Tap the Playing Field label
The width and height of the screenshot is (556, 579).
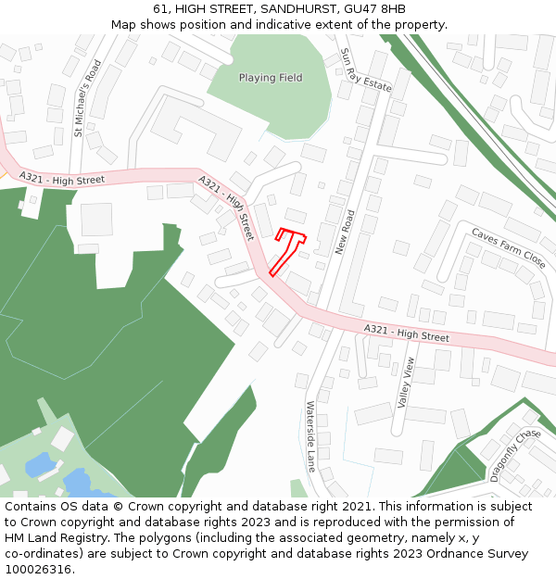coord(271,78)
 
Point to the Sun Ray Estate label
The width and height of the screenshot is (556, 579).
coord(365,70)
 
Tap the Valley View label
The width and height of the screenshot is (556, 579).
coord(404,382)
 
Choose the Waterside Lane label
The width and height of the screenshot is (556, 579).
coord(311,435)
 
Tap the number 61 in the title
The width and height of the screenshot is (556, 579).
coord(160,9)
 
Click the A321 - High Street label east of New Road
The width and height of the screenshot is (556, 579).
coord(406,333)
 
